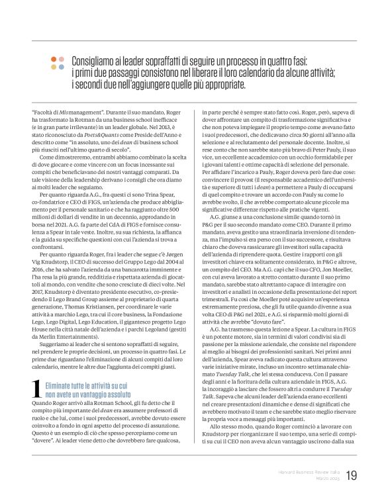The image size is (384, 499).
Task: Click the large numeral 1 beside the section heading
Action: point(37,392)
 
